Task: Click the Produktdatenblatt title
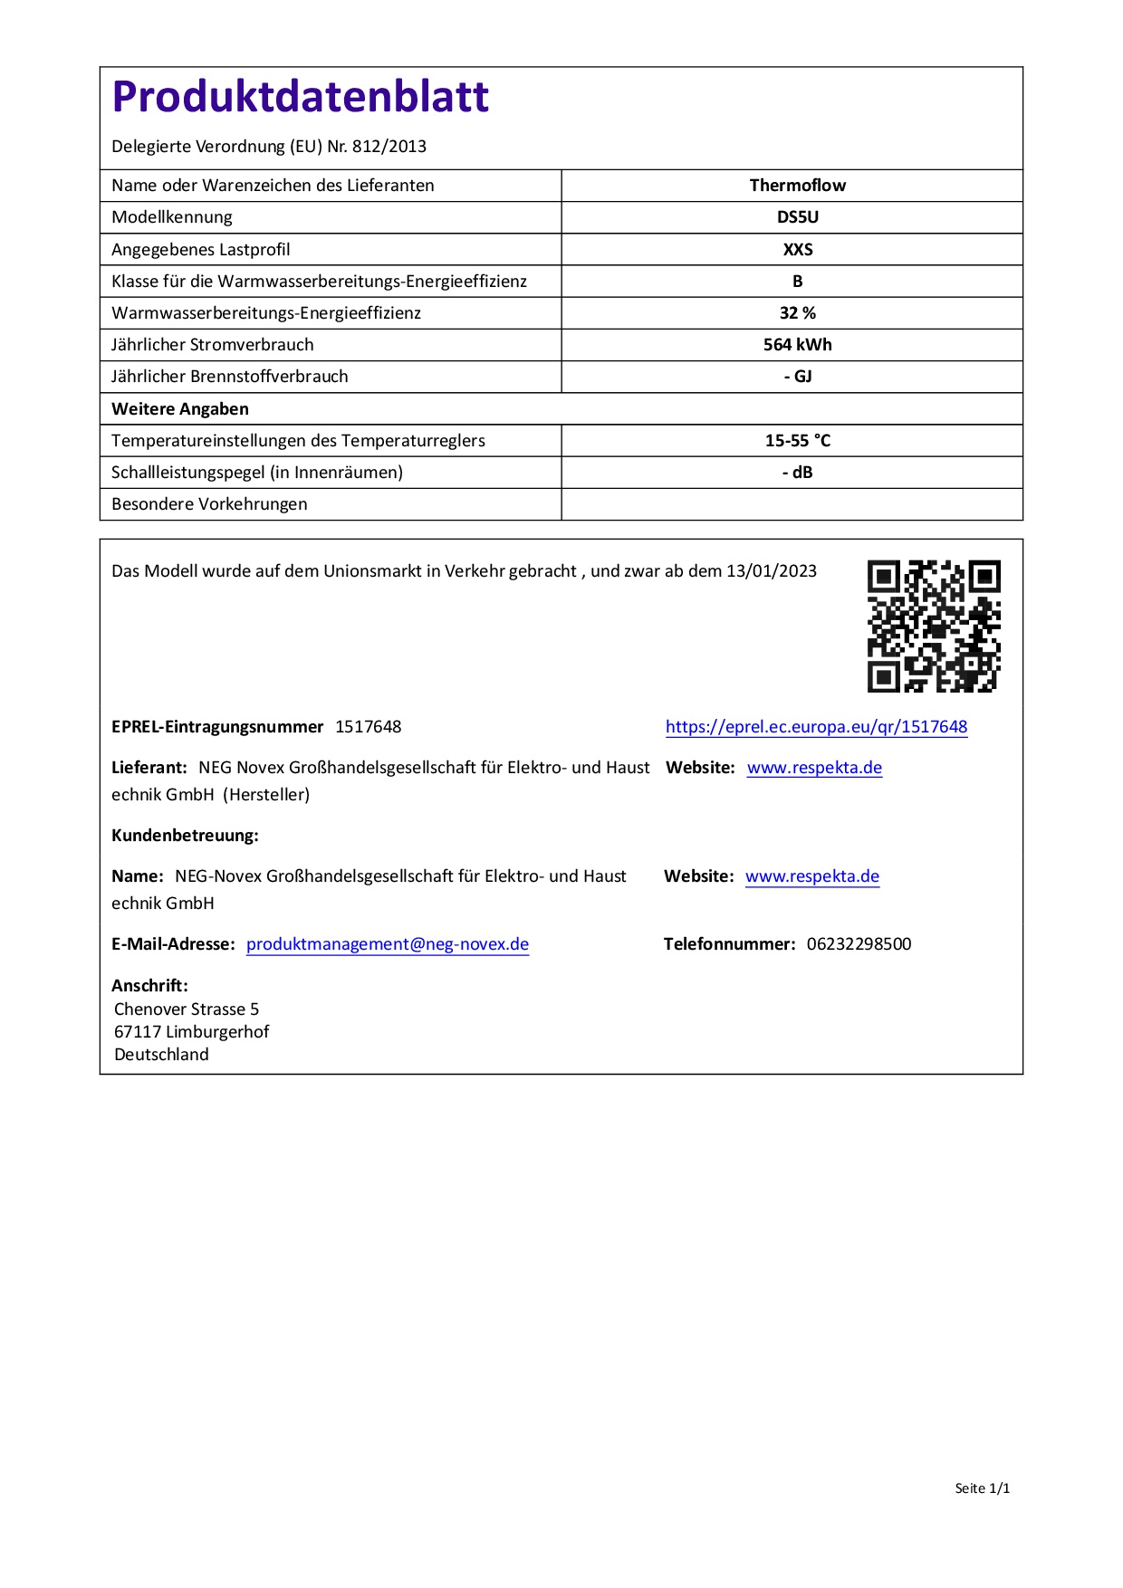[300, 97]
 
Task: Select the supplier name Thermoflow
[797, 186]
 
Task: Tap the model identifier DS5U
[797, 217]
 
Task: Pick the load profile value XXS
[797, 249]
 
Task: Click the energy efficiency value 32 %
[797, 313]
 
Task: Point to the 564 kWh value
[797, 345]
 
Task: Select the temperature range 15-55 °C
[797, 441]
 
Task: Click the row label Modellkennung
[172, 217]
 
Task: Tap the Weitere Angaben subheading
[180, 409]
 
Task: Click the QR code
[934, 626]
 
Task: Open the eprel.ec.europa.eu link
[816, 727]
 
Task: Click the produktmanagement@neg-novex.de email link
[388, 944]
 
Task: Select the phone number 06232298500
[859, 944]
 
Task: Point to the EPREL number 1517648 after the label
[368, 727]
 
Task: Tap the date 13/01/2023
[772, 571]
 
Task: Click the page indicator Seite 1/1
[982, 1488]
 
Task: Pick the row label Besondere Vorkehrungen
[209, 504]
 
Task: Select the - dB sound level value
[797, 473]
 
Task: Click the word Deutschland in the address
[161, 1055]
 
